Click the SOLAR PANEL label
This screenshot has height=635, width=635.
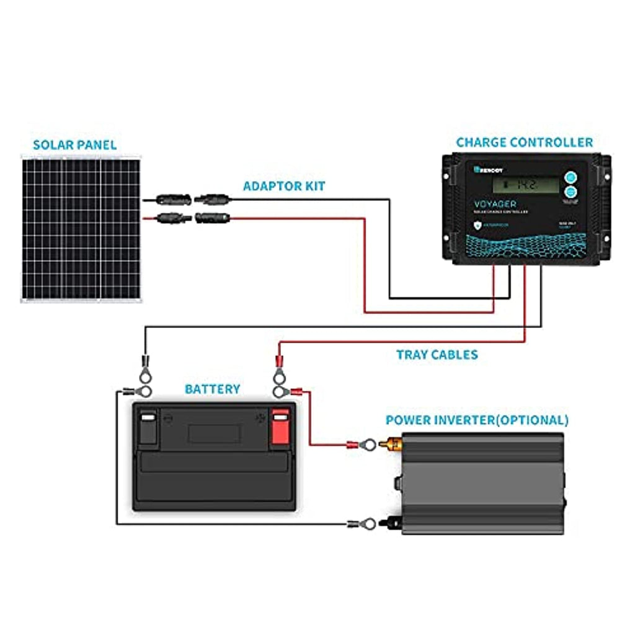click(x=74, y=145)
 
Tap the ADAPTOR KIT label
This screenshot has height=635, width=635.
click(x=283, y=186)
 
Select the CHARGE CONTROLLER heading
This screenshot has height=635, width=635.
click(x=524, y=142)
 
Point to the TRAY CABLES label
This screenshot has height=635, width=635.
click(x=437, y=355)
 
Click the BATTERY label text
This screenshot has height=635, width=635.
click(x=212, y=389)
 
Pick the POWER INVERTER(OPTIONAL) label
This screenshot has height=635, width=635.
click(x=476, y=420)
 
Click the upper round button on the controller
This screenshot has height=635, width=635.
click(x=571, y=178)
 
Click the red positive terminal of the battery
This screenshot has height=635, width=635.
click(x=280, y=428)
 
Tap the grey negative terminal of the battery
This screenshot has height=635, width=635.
click(x=148, y=428)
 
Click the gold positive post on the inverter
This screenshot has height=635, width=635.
click(x=393, y=443)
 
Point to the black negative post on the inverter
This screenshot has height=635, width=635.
click(x=393, y=523)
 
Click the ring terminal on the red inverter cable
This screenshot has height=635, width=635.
click(x=368, y=444)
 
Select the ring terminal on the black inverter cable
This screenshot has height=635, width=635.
click(x=368, y=524)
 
